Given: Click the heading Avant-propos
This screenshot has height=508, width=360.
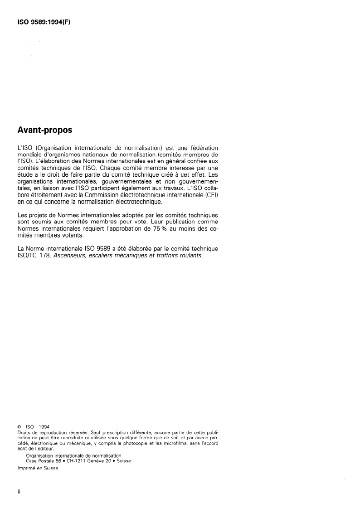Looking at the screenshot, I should click(44, 130).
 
